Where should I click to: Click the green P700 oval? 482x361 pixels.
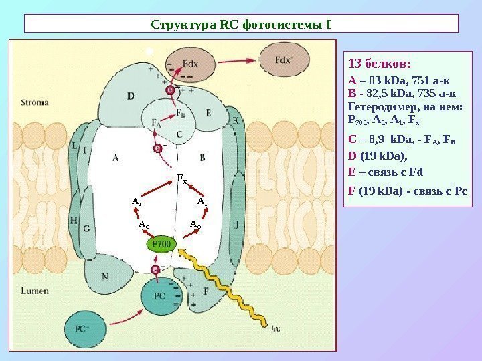pos(161,245)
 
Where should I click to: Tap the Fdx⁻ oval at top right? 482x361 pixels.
pos(285,59)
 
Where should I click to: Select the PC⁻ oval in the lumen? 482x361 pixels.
pos(83,328)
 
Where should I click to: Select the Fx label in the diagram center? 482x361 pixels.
pos(181,178)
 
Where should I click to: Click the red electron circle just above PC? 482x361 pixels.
pos(155,269)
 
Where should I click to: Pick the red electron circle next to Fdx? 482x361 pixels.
pos(171,88)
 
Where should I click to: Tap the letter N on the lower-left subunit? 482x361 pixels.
pos(105,275)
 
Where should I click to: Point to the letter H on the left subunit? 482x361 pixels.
pos(73,220)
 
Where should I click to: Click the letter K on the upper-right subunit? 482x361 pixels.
pos(235,120)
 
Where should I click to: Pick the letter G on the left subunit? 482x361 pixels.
pos(87,228)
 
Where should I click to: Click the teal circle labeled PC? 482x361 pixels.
pos(159,295)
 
